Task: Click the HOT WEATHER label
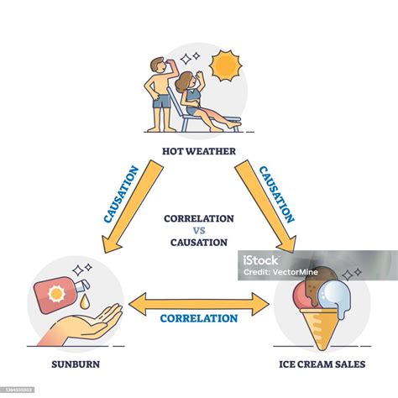(199, 152)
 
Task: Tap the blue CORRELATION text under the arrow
(199, 319)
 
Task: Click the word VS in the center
(199, 230)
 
